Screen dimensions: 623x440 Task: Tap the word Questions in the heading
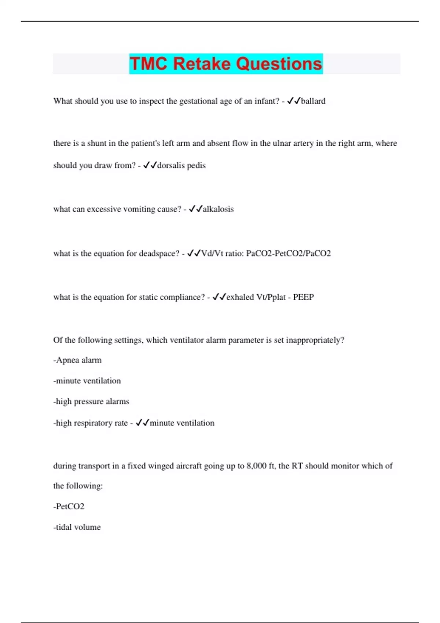[279, 64]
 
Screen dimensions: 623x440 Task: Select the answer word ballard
[313, 101]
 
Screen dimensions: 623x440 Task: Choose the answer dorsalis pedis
[181, 166]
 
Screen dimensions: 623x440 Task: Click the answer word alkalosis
[218, 209]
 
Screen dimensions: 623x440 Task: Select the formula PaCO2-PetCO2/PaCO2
[288, 254]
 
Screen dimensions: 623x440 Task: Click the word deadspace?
[159, 254]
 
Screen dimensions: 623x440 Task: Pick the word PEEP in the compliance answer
[303, 297]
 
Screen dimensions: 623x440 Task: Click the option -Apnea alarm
[77, 360]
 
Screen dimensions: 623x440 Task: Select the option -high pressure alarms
[91, 402]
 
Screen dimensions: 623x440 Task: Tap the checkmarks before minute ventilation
[142, 423]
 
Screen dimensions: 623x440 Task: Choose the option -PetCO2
[69, 506]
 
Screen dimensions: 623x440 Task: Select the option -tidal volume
[77, 527]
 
